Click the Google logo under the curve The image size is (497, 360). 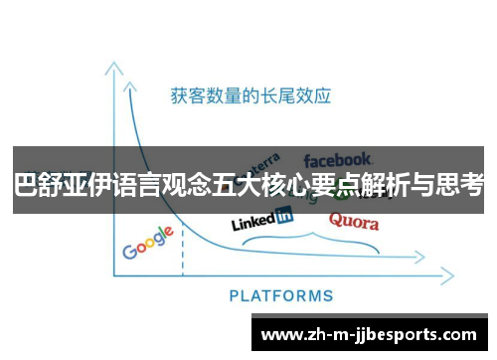tap(148, 244)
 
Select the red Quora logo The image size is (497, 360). tap(354, 220)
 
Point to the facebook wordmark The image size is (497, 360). tap(338, 159)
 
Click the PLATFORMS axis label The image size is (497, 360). tap(281, 295)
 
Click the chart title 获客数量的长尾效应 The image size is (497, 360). tap(250, 96)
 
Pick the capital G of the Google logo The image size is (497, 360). tap(129, 251)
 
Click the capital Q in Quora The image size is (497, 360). tap(336, 219)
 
